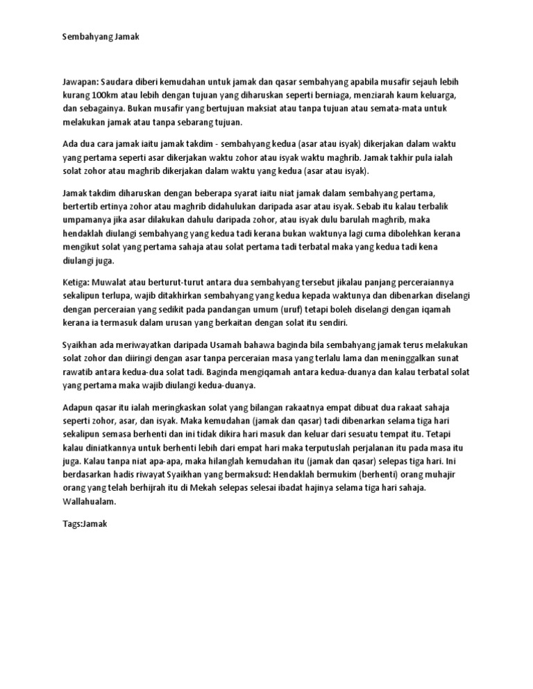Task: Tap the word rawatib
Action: [x=78, y=372]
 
